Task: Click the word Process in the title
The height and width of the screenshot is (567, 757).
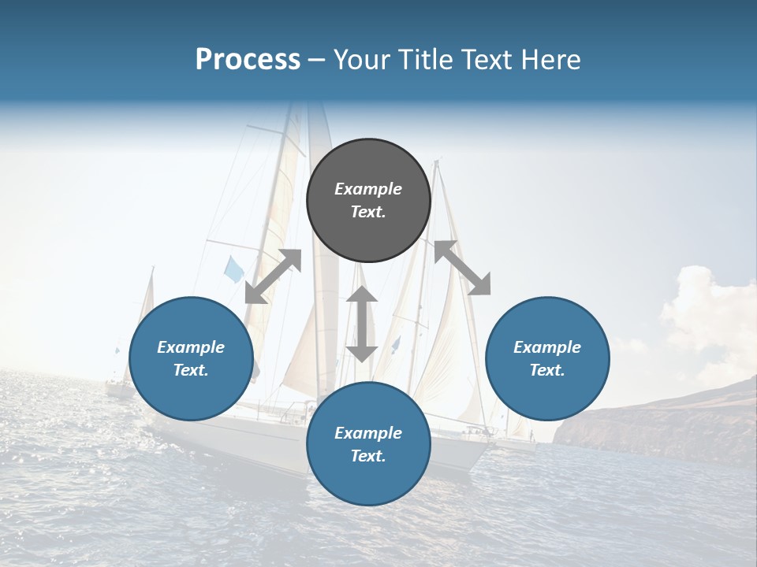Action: [x=248, y=60]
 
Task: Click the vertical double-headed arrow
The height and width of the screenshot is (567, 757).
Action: [x=362, y=324]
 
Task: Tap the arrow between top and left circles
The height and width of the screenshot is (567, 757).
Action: [x=273, y=276]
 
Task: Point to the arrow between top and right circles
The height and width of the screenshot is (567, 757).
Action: [x=462, y=268]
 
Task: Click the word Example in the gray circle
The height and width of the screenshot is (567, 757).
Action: [x=368, y=189]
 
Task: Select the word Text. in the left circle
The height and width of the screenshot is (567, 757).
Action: [x=191, y=370]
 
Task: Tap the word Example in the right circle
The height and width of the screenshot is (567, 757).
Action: [x=547, y=347]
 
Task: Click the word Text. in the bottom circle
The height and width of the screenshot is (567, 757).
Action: [x=368, y=456]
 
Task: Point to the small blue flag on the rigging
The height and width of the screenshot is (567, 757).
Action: [x=233, y=269]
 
